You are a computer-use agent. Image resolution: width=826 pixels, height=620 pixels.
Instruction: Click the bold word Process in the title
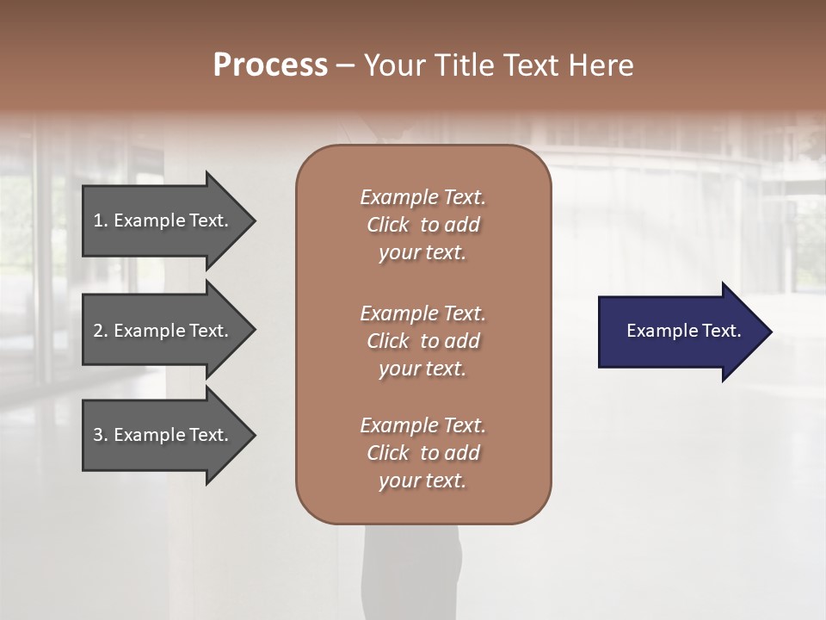point(270,65)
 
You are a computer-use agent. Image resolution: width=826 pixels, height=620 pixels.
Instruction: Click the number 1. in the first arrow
point(101,220)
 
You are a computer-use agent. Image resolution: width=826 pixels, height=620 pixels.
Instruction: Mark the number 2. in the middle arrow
point(101,331)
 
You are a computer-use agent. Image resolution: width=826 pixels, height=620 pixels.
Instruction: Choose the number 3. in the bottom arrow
point(101,435)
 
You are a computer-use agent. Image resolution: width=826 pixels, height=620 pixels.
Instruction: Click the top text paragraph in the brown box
point(422,225)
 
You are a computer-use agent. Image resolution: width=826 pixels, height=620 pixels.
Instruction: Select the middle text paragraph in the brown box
point(422,341)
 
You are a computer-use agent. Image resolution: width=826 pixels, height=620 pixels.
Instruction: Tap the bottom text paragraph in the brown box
point(422,453)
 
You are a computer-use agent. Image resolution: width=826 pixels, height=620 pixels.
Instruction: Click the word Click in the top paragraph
point(388,225)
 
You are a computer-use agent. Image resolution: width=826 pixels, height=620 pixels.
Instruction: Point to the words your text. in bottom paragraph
point(422,480)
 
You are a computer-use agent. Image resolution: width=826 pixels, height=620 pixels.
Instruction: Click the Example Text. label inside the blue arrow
point(683,331)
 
